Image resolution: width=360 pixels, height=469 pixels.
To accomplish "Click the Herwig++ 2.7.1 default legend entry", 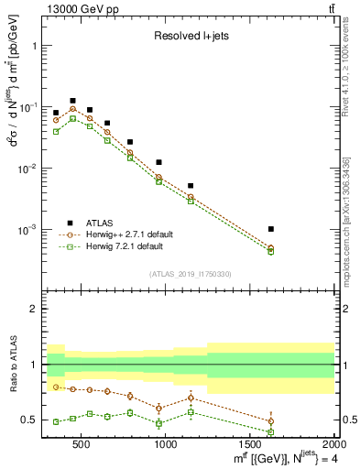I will coord(124,234).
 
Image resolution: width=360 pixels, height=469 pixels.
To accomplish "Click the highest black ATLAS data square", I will coord(72,101).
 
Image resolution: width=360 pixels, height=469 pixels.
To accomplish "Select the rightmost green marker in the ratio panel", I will coord(270,431).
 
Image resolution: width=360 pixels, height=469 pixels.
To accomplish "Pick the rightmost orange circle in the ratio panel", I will coord(270,421).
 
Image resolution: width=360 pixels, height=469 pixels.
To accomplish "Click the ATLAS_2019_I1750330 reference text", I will coord(189,274).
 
